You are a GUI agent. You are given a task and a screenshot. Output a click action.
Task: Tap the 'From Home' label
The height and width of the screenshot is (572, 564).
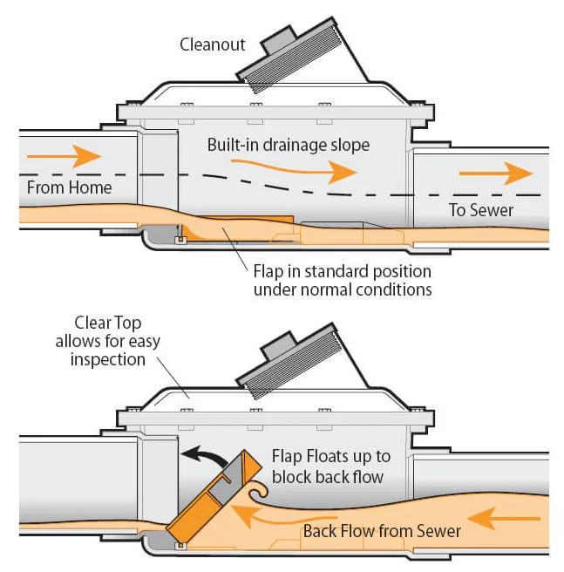pyautogui.click(x=69, y=187)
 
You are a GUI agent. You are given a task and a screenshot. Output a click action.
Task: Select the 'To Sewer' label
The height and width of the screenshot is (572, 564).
pyautogui.click(x=481, y=209)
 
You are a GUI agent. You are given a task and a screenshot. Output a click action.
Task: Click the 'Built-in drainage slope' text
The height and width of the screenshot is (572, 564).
pyautogui.click(x=288, y=145)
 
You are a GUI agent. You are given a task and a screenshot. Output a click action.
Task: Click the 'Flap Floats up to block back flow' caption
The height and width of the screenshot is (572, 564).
pyautogui.click(x=330, y=466)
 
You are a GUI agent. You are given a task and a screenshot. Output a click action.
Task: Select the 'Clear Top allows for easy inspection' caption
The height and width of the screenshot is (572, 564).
pyautogui.click(x=116, y=340)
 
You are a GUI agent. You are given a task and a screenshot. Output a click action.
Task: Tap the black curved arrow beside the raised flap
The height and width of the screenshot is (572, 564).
pyautogui.click(x=202, y=456)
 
